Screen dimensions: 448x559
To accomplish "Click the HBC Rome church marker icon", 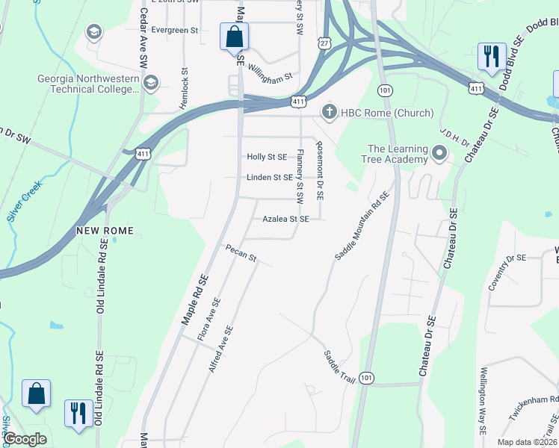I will [x=328, y=113].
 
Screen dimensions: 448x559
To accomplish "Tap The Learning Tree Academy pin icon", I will [x=439, y=155].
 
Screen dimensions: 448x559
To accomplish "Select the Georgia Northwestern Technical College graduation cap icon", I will [x=151, y=81].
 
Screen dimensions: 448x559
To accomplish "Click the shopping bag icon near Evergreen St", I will [x=234, y=36].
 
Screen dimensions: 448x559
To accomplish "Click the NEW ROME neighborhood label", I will [x=105, y=231].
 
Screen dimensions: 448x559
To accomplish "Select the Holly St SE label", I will [x=267, y=157].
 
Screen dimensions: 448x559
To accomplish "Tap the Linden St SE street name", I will [x=270, y=178].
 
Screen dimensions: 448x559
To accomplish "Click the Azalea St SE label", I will [x=285, y=220].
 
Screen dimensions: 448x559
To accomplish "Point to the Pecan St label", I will [x=241, y=253].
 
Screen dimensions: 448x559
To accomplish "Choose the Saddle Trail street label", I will [x=339, y=364].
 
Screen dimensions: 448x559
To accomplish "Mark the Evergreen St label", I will [x=174, y=31].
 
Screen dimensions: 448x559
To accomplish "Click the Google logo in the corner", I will [x=25, y=439].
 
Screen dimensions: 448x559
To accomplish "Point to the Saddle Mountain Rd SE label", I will [x=363, y=225].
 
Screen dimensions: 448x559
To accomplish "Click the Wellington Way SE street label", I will [x=484, y=401].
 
